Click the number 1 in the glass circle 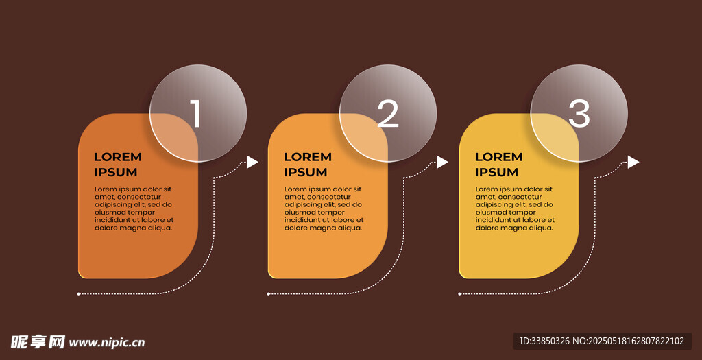(x=195, y=114)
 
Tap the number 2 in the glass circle (x=387, y=114)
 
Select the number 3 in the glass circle (x=579, y=114)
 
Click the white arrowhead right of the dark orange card (x=252, y=162)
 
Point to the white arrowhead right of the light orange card (x=442, y=162)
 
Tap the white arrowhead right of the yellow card (x=633, y=162)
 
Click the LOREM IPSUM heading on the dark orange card (x=117, y=165)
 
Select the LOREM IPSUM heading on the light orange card (x=307, y=165)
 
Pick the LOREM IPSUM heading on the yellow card (x=498, y=165)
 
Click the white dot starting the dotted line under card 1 (x=79, y=294)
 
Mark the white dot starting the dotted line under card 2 (x=269, y=294)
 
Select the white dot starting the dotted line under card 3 (x=459, y=294)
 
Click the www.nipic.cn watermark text (x=107, y=342)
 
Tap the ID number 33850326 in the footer (x=550, y=341)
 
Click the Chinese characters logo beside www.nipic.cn (x=38, y=341)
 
